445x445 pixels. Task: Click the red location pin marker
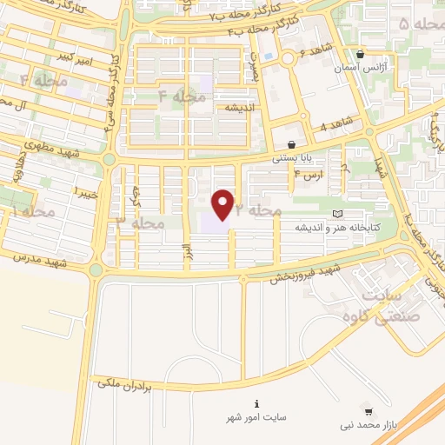(x=224, y=205)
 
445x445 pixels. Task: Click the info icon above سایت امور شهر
(x=256, y=404)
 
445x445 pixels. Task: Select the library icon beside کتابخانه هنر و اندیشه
(x=337, y=214)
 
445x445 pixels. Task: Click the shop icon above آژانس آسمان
(x=360, y=54)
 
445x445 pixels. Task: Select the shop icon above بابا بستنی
(x=290, y=144)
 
